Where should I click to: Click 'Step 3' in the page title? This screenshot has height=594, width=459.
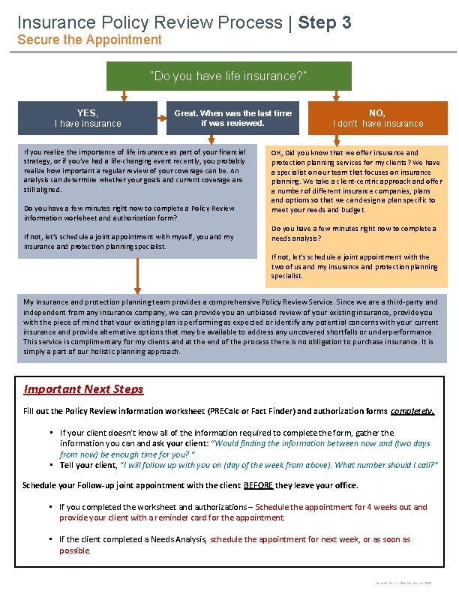(x=324, y=22)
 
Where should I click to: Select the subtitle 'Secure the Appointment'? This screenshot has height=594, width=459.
(x=89, y=40)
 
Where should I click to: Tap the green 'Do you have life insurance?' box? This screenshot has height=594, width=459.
(x=229, y=76)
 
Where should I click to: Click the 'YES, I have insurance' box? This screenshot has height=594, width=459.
(x=88, y=118)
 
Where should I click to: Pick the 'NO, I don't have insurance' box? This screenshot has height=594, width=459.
(x=378, y=118)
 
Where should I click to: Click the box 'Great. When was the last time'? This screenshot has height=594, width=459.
(x=232, y=118)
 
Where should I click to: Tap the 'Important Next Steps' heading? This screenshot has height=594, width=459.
(x=83, y=389)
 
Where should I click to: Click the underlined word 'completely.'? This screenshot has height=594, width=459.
(x=412, y=411)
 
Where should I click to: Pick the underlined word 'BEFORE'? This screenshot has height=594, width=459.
(x=258, y=485)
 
